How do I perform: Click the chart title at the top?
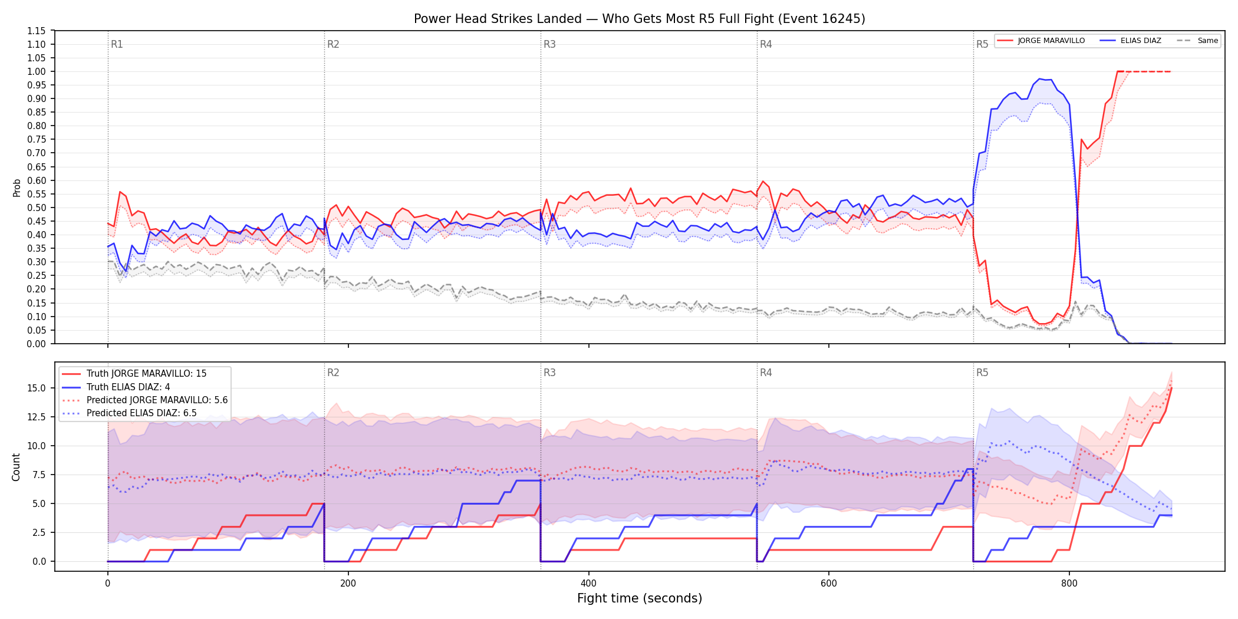point(640,19)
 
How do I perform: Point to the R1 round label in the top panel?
point(117,44)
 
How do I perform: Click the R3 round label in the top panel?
point(549,44)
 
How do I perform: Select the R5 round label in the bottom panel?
point(982,373)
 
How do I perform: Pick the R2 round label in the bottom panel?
point(333,373)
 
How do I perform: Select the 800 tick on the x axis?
point(1069,584)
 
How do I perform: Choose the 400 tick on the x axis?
point(588,584)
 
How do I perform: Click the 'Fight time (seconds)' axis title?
point(640,598)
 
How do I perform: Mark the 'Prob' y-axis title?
point(17,187)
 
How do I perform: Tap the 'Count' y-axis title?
point(16,467)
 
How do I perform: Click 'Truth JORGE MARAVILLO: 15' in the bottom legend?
point(146,374)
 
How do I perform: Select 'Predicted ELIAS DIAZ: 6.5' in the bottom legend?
point(141,413)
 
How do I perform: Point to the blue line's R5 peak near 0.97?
point(1039,78)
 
